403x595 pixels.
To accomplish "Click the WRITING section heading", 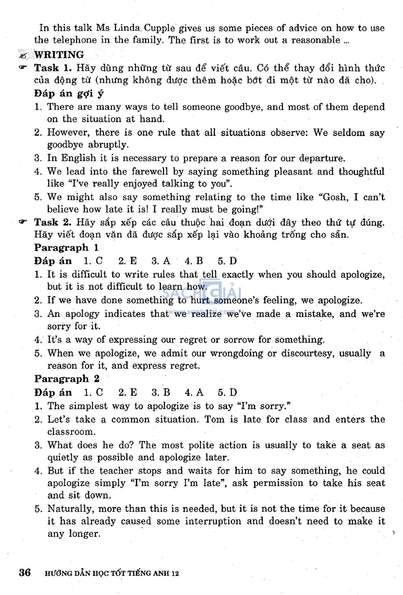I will pos(59,55).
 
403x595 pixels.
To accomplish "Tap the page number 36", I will pos(25,573).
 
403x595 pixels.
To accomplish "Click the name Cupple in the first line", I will pos(159,28).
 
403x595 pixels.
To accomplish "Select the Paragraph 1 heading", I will pos(67,248).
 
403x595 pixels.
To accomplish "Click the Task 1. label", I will pos(53,68).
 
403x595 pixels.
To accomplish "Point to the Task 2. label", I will pos(53,222).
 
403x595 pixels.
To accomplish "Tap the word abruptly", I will pos(108,144).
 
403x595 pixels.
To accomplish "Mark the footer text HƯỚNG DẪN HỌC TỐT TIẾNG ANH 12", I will pos(112,573).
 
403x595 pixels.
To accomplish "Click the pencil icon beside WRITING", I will pos(24,55).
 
